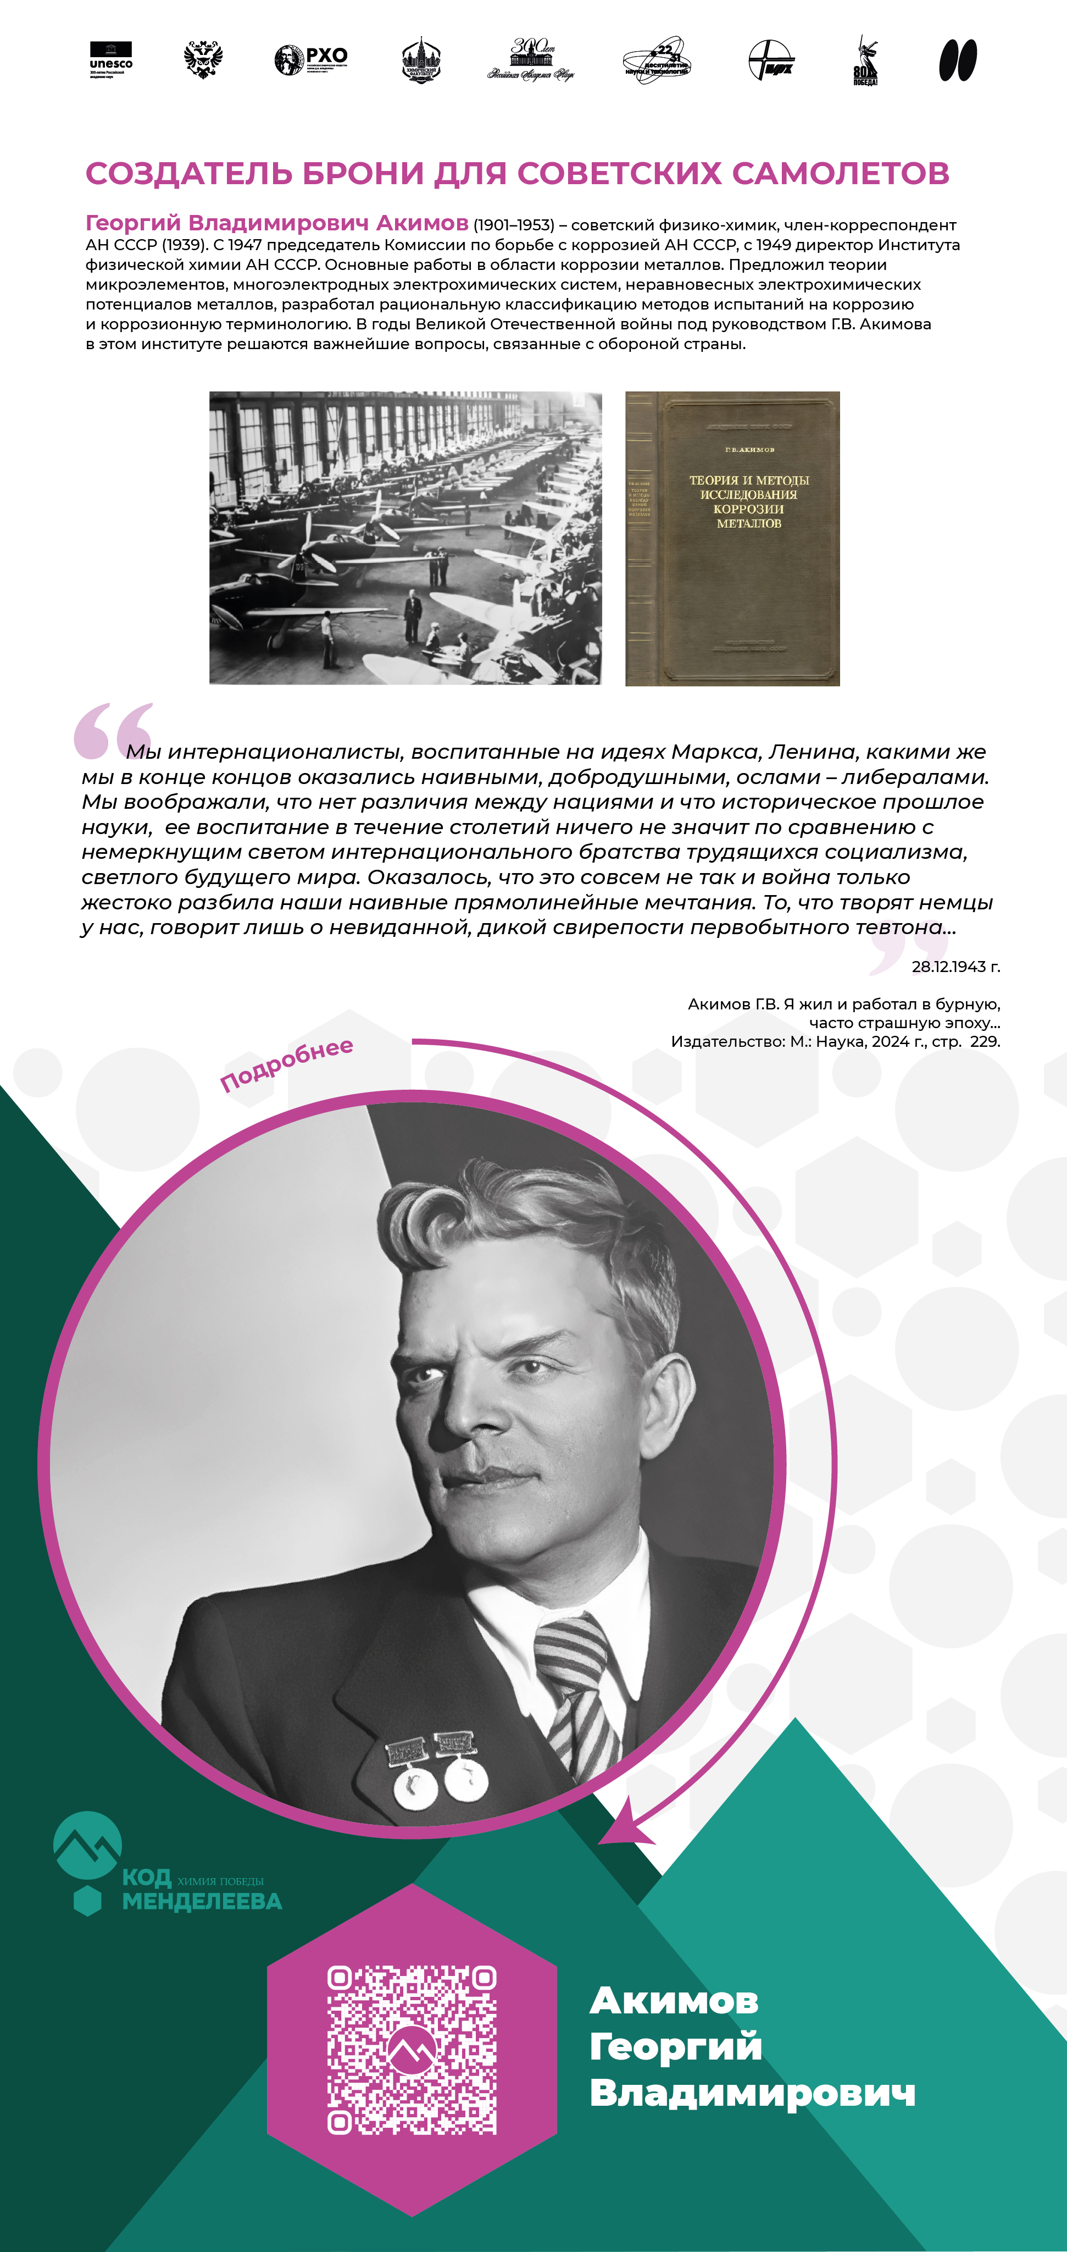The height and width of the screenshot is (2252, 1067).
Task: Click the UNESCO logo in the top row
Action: (x=111, y=59)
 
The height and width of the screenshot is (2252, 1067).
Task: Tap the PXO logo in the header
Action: (x=311, y=59)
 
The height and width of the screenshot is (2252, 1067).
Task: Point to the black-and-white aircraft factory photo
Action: (x=405, y=538)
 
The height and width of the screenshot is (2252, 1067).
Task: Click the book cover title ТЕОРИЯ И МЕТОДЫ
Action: (x=749, y=480)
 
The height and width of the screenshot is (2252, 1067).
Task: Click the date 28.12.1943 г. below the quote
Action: (x=955, y=966)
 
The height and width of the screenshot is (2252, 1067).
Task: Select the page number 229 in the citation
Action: (x=985, y=1041)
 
